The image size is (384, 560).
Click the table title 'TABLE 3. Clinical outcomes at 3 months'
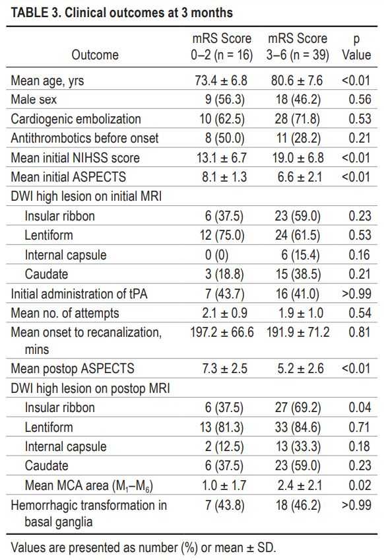(121, 13)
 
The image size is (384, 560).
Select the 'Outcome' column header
(95, 55)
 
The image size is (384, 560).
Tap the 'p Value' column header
(356, 46)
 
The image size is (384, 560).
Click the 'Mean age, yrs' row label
(48, 81)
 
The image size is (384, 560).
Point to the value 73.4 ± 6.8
(221, 81)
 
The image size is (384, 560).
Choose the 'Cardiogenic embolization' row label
(76, 119)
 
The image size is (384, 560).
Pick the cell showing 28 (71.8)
(298, 119)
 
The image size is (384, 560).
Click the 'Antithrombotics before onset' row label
(84, 138)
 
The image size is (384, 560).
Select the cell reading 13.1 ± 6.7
(221, 157)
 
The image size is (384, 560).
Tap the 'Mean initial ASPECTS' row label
(68, 177)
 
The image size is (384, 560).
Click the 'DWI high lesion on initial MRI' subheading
(86, 196)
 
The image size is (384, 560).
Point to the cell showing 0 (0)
(216, 255)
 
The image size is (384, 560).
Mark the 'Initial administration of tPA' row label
(79, 294)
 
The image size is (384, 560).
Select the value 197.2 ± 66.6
(222, 332)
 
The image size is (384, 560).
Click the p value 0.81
(360, 332)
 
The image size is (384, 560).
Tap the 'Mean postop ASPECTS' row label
(73, 368)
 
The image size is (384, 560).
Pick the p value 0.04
(360, 407)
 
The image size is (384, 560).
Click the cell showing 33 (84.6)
(298, 427)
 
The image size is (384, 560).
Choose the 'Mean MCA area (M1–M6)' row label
(89, 486)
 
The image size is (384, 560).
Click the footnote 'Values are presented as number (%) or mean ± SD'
(143, 547)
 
